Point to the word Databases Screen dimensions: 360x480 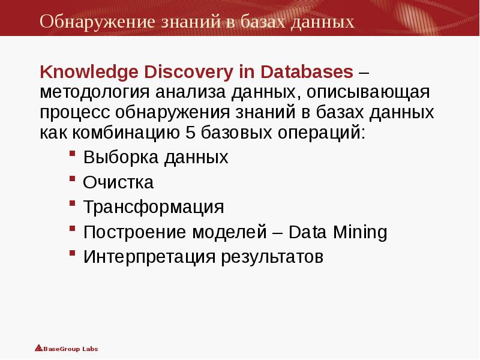tap(307, 73)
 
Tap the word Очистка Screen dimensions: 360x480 tap(118, 182)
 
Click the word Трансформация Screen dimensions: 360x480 tap(154, 208)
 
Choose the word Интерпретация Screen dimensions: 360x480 tap(149, 257)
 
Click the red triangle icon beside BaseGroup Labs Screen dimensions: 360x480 tap(38, 347)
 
